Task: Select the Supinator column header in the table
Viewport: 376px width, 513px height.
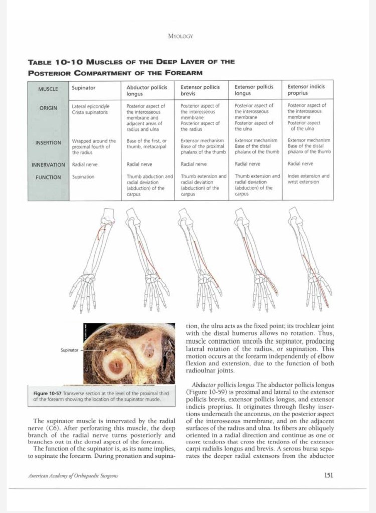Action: tap(84, 88)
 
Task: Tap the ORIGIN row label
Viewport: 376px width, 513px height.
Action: tap(48, 108)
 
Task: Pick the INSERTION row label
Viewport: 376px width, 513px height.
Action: tap(48, 143)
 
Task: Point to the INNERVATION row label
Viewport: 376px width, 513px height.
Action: tap(48, 164)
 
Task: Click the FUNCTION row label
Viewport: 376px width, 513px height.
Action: tap(48, 177)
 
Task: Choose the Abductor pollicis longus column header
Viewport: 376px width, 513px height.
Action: tap(147, 90)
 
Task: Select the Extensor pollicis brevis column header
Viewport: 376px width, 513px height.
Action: tap(200, 90)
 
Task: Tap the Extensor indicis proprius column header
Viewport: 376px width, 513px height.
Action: tap(306, 90)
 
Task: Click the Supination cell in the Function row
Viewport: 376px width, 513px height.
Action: tap(83, 177)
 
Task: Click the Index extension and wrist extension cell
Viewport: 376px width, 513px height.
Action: tap(308, 179)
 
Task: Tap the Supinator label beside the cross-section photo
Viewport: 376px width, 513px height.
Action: tap(70, 350)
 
